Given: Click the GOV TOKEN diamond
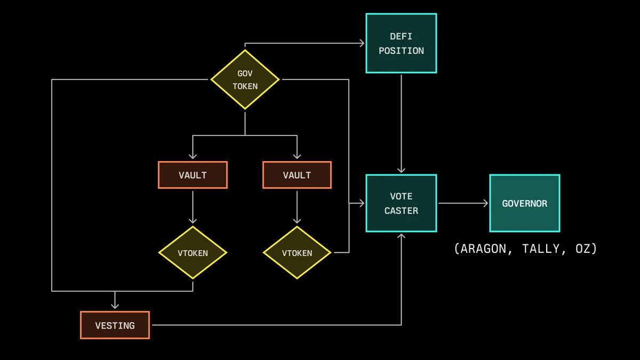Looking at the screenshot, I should [x=245, y=79].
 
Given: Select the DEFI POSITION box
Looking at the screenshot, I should [x=401, y=43].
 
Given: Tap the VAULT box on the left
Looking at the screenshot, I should [x=193, y=175].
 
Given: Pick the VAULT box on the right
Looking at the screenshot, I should [x=297, y=175].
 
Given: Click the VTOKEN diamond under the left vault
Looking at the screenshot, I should [x=193, y=253].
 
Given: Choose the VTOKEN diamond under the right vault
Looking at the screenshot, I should [x=297, y=253].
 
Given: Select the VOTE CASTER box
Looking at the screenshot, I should [x=401, y=203].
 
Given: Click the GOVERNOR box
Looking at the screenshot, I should [x=524, y=203].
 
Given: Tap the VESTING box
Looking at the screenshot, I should [x=115, y=325].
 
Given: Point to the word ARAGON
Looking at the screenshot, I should [x=482, y=249].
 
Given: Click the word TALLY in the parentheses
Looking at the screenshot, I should [x=541, y=249].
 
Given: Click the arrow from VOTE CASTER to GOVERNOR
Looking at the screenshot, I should [x=463, y=203].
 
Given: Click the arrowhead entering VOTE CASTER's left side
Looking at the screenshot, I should [x=361, y=203].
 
